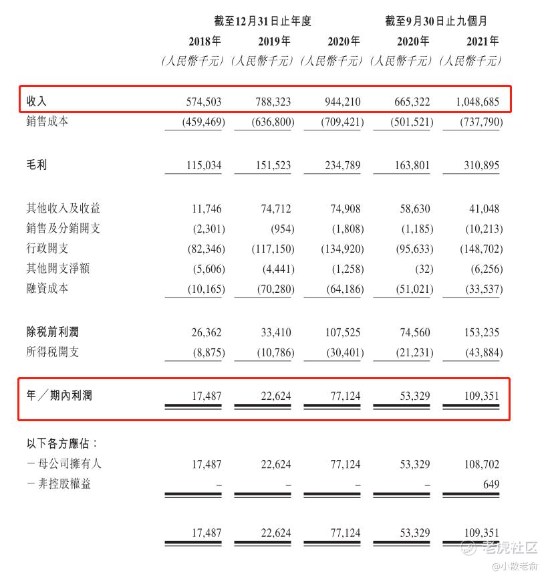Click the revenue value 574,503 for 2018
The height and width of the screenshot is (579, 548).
(203, 102)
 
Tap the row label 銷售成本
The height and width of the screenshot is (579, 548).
(47, 122)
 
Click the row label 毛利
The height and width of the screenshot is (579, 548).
(37, 165)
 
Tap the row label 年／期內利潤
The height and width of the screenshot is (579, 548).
(59, 396)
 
